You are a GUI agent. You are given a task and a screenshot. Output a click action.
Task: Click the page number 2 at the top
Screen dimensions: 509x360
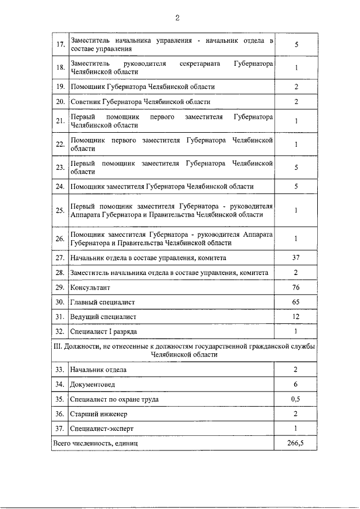tap(177, 18)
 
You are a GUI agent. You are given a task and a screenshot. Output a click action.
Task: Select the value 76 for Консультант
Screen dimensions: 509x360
tap(296, 287)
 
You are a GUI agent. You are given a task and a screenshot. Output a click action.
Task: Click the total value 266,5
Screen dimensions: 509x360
tap(296, 443)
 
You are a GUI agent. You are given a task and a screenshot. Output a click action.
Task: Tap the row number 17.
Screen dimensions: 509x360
tap(60, 44)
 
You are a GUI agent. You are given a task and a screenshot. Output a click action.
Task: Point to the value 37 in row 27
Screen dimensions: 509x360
tap(296, 258)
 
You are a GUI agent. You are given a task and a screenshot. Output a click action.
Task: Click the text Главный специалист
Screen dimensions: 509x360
tap(102, 302)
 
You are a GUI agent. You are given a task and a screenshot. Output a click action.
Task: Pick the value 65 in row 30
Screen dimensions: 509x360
tap(296, 302)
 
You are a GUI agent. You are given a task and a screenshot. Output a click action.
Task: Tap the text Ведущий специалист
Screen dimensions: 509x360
tap(103, 317)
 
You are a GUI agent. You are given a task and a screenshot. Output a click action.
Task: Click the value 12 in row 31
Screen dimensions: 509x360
tap(296, 317)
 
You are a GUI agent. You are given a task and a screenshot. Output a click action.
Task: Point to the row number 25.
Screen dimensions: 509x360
tap(60, 210)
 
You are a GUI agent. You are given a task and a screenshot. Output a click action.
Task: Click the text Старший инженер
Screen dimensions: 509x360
tap(98, 414)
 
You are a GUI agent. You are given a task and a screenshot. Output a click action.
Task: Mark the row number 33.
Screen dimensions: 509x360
tap(60, 370)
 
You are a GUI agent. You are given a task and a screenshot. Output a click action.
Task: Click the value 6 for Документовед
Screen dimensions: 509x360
tap(296, 384)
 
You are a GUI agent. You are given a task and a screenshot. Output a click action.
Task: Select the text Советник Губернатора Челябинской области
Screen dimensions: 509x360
tap(141, 102)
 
